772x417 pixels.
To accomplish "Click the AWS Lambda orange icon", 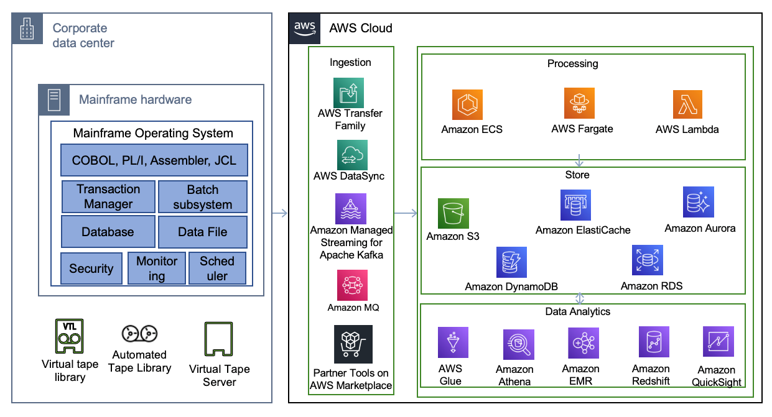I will pos(687,104).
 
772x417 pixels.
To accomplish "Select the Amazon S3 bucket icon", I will pos(453,214).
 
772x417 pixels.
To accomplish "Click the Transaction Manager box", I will pos(108,196).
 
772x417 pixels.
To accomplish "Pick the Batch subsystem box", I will pos(203,196).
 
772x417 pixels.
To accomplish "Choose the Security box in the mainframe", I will pos(91,268).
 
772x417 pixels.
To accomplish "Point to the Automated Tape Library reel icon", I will pos(139,334).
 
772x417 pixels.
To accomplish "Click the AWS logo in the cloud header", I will pos(305,28).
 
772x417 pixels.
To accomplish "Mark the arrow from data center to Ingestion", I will pos(280,213).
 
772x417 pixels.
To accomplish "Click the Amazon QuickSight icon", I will pos(719,342).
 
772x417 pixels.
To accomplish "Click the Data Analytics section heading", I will pos(578,311).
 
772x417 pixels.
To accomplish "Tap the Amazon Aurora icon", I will pos(699,202).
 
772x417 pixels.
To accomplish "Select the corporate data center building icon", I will pos(26,29).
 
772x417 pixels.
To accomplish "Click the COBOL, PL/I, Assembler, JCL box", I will pos(154,160).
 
